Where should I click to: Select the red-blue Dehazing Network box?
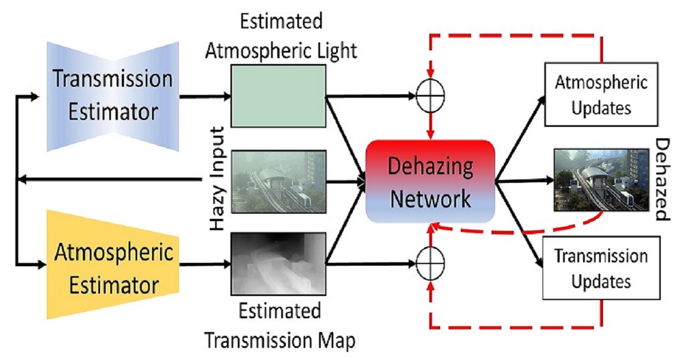[x=429, y=182]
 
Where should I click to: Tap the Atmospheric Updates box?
[x=601, y=95]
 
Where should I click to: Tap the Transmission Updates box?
[x=601, y=268]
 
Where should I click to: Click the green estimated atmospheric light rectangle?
[x=278, y=95]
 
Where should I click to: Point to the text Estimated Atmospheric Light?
[x=281, y=37]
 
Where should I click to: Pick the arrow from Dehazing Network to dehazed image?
[x=523, y=182]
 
